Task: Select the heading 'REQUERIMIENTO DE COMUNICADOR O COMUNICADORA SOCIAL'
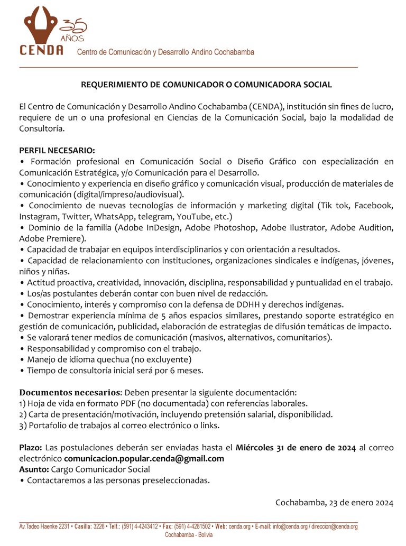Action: [206, 85]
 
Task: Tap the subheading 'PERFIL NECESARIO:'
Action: [57, 150]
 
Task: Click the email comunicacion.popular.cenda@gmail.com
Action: [144, 458]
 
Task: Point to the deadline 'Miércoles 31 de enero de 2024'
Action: [296, 447]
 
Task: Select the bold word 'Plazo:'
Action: [31, 447]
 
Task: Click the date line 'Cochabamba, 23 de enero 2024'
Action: [334, 502]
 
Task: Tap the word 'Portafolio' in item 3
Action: [48, 425]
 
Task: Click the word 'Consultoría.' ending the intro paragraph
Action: [42, 128]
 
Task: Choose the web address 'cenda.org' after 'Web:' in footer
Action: [239, 527]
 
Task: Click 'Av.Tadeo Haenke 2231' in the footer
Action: [44, 527]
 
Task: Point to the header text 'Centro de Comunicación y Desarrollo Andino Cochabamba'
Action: [165, 52]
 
